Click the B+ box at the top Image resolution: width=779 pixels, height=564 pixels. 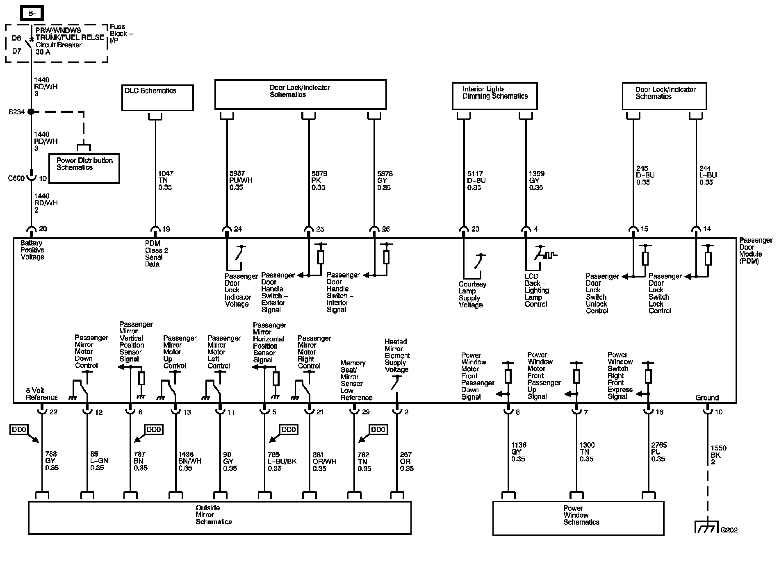point(32,14)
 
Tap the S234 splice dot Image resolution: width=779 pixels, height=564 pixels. point(31,111)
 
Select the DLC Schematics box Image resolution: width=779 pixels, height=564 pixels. point(157,98)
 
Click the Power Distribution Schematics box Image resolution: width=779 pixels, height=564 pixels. point(84,168)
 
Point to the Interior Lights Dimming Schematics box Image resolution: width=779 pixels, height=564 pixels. point(495,96)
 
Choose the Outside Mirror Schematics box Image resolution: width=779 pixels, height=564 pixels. point(220,517)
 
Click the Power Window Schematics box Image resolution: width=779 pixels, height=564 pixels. point(578,518)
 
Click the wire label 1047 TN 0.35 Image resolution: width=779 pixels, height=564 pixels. point(165,180)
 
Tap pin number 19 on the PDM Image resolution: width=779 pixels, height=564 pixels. point(166,229)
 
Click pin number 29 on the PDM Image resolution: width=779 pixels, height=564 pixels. point(365,412)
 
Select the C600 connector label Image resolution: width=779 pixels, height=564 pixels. point(16,178)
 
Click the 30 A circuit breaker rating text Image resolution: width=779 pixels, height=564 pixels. point(43,52)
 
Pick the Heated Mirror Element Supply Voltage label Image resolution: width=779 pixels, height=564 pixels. point(397,355)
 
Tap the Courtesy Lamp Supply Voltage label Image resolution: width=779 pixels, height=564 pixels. point(472,294)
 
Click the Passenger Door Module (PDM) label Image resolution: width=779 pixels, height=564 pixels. point(755,250)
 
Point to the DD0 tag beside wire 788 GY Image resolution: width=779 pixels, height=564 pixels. point(19,430)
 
